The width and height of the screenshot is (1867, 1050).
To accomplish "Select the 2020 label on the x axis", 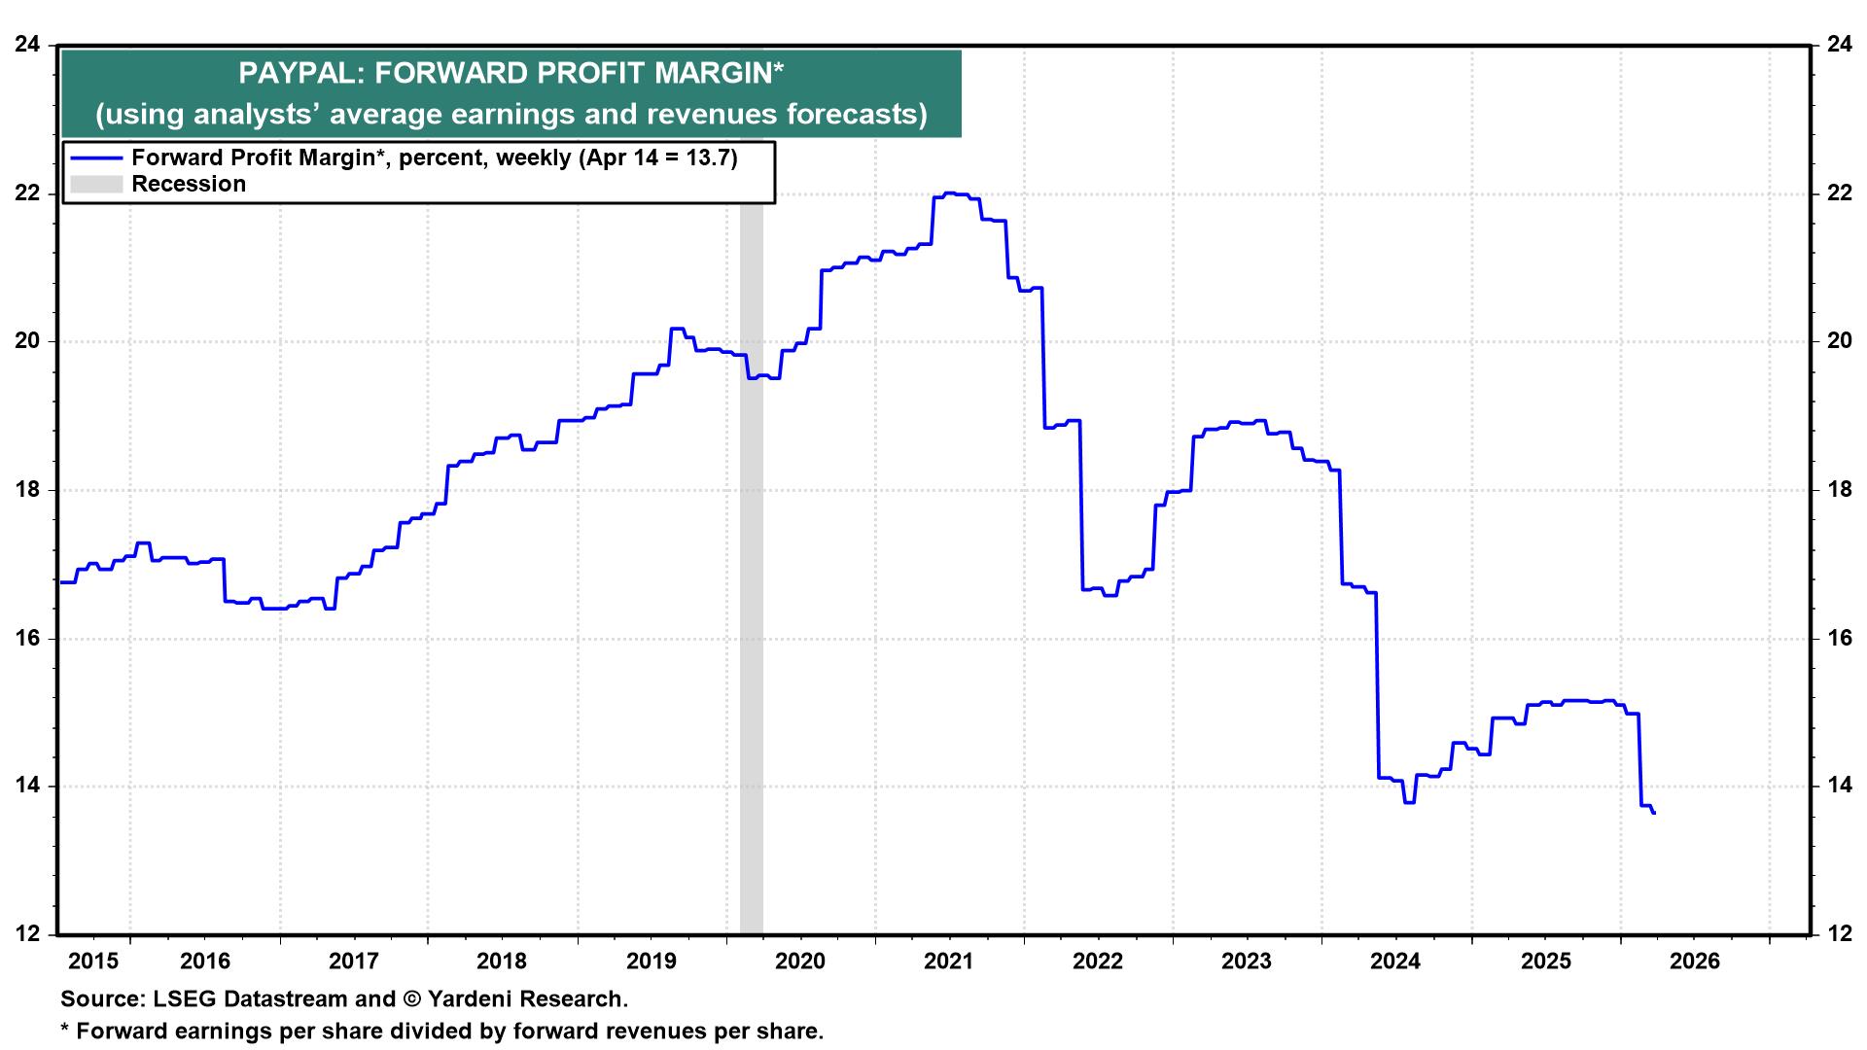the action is point(800,962).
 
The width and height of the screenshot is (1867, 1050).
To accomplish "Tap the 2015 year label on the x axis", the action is point(94,962).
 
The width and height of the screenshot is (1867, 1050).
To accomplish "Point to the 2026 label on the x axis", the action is point(1694,962).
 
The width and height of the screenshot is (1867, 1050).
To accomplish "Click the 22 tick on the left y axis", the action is point(27,193).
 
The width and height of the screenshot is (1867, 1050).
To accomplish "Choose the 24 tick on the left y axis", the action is point(27,45).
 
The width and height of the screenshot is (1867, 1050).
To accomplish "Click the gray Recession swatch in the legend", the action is point(95,184).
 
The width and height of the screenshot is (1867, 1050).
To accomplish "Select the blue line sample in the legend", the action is point(95,158).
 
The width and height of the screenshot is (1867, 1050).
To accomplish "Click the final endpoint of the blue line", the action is point(1654,813).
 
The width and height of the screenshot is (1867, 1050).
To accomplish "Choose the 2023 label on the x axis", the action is point(1248,962).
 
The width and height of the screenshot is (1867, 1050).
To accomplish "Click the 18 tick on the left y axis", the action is point(27,490).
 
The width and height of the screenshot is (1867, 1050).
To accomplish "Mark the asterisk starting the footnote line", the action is point(65,1029).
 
